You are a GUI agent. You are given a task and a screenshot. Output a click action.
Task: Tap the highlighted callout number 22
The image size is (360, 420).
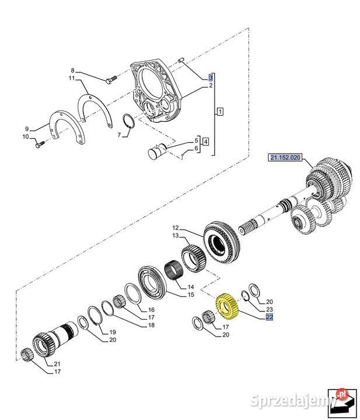[269, 317]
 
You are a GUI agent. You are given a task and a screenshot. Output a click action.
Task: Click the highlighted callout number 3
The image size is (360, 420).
[211, 77]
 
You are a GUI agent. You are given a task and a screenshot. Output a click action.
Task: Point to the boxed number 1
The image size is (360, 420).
[219, 110]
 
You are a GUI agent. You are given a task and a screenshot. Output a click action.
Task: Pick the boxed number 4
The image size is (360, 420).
[204, 141]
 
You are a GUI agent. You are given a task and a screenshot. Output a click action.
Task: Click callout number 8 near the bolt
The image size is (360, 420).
[73, 70]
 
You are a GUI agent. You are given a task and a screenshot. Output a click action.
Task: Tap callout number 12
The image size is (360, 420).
[174, 228]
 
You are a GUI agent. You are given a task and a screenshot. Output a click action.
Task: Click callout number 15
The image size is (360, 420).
[191, 295]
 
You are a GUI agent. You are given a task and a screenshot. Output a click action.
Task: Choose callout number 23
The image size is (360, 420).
[269, 310]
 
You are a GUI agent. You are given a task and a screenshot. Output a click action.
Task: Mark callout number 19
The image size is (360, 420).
[113, 332]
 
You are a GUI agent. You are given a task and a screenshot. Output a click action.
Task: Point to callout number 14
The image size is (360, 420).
[191, 286]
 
